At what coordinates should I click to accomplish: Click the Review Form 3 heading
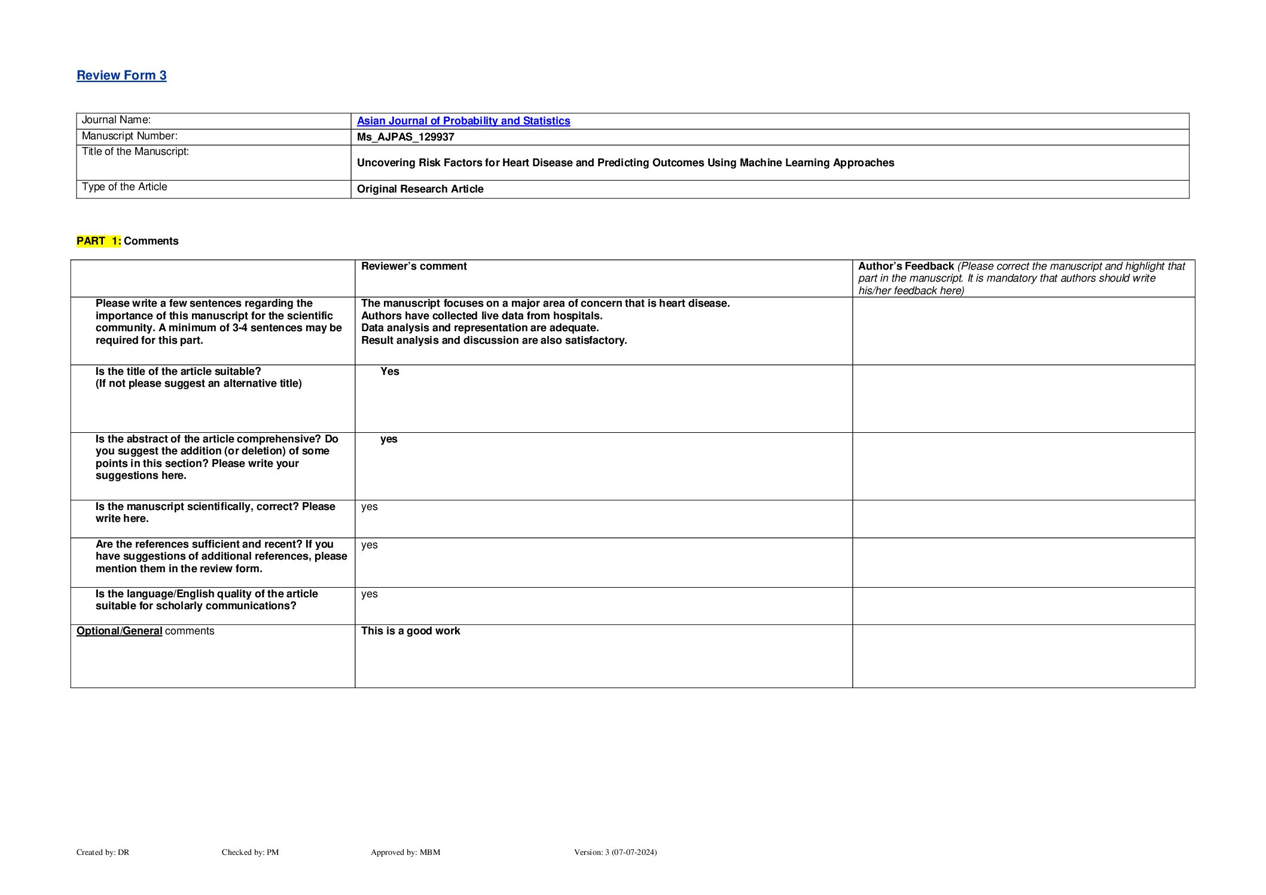tap(121, 75)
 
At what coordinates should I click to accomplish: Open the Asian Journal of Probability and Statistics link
tap(463, 121)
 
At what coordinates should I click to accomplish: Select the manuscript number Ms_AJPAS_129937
tap(405, 137)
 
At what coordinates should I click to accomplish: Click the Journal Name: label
tap(116, 120)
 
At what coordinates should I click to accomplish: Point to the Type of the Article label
tap(124, 187)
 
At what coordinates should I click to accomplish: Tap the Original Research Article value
tap(420, 189)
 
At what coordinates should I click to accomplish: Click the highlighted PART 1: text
tap(99, 241)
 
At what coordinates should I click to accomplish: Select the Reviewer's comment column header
tap(414, 266)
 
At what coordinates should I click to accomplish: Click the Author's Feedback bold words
tap(905, 266)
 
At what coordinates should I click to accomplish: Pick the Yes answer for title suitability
tap(389, 371)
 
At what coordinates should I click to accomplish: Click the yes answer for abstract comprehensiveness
tap(389, 439)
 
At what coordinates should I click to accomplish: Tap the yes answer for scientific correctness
tap(369, 506)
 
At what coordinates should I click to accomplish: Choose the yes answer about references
tap(369, 545)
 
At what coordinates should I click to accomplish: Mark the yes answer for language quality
tap(369, 594)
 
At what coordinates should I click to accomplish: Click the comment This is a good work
tap(410, 631)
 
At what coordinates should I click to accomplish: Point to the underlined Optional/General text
tap(119, 631)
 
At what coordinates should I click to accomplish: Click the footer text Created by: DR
tap(103, 852)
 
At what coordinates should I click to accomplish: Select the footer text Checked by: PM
tap(250, 852)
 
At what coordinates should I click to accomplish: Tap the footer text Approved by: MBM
tap(405, 852)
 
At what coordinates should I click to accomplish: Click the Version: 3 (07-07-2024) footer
tap(615, 852)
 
